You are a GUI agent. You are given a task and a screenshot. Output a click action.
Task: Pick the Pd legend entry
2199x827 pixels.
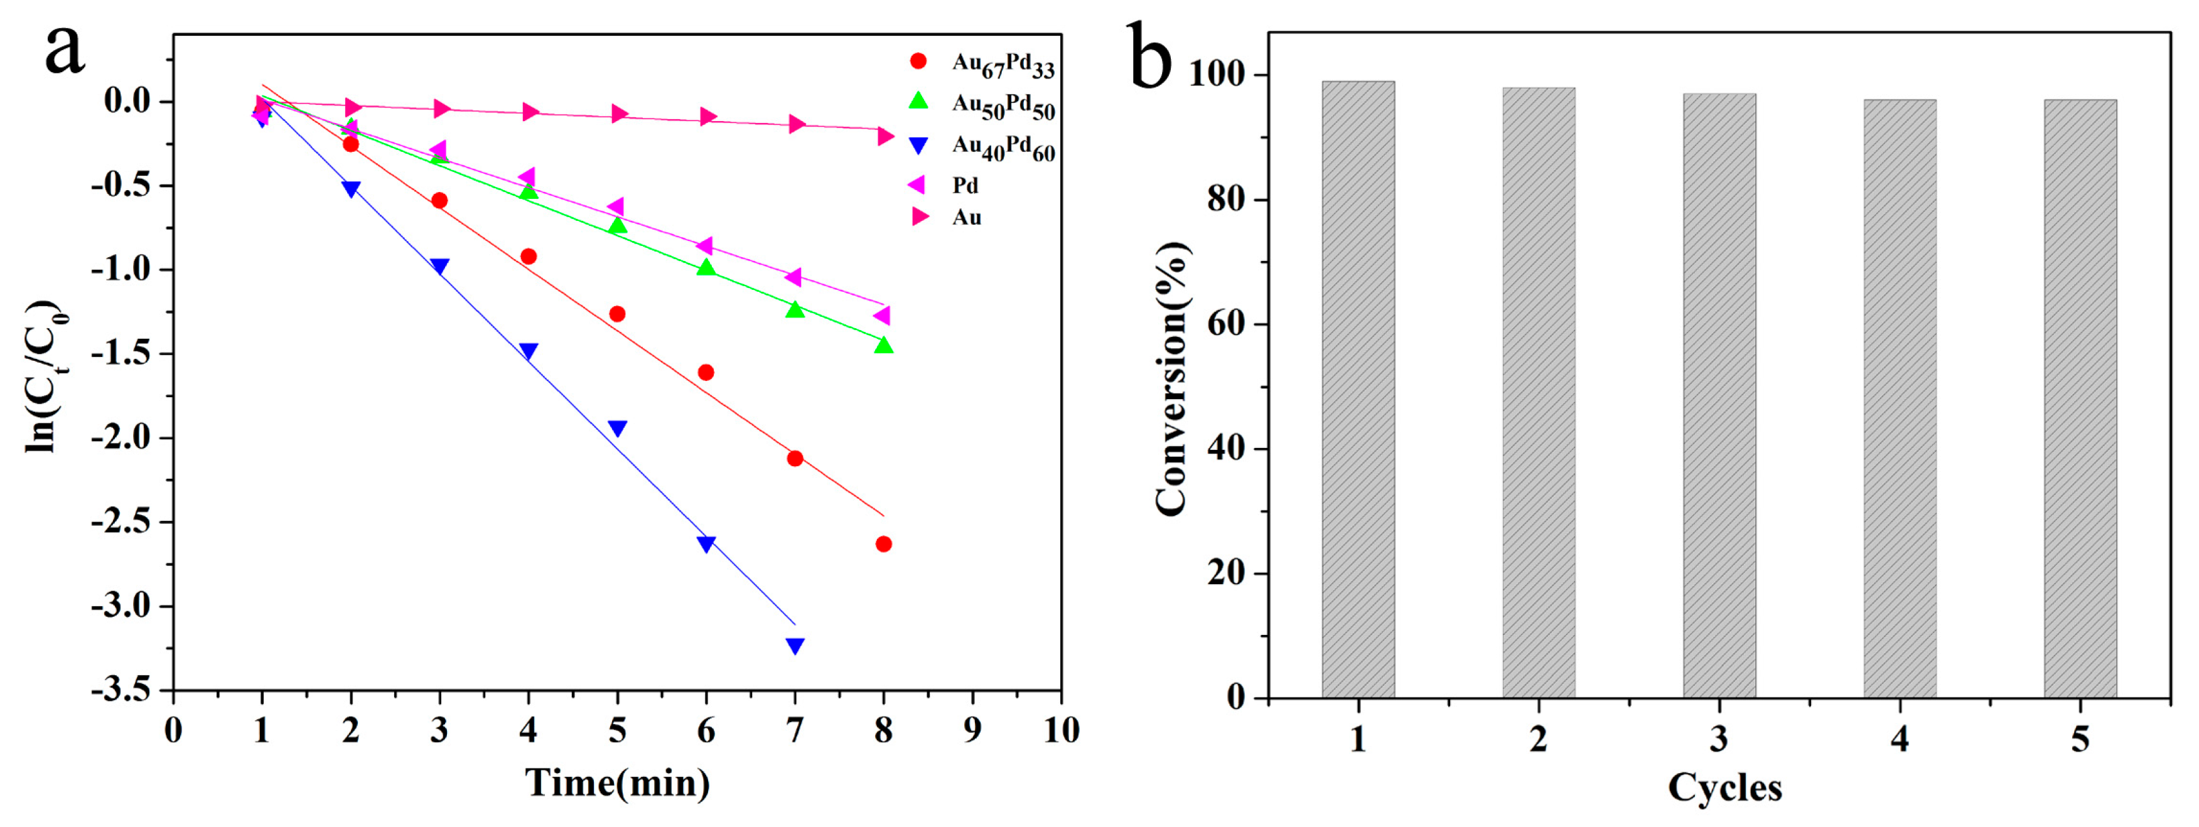click(965, 185)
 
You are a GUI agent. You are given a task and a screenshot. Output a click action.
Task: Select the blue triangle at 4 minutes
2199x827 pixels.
click(529, 351)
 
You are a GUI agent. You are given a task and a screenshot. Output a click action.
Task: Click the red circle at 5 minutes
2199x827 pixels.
click(617, 314)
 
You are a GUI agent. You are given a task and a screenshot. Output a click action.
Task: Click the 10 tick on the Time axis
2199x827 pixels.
click(1060, 730)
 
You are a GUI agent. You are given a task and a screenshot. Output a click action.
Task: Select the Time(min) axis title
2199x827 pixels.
click(617, 782)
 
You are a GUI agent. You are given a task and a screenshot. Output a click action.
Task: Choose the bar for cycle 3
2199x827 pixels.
click(1719, 395)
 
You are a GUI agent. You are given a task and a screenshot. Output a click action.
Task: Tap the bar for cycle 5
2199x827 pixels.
click(2080, 398)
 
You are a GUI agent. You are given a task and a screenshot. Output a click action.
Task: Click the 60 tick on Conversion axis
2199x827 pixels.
click(1227, 324)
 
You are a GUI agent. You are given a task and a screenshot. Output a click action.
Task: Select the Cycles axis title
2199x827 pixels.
click(1724, 787)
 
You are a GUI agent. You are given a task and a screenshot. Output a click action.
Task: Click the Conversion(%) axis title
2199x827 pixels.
click(1171, 380)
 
